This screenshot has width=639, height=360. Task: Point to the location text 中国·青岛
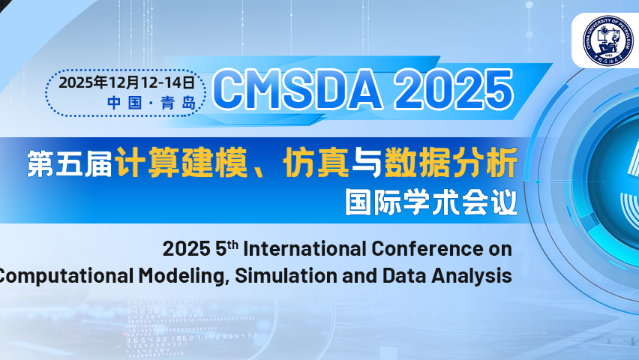151,103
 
